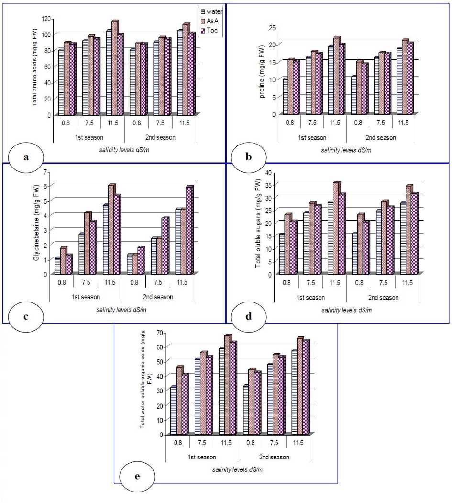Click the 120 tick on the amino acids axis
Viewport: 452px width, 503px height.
click(x=45, y=19)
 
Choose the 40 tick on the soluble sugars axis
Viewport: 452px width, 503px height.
click(x=268, y=172)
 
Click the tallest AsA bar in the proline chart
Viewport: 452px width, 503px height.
click(x=336, y=76)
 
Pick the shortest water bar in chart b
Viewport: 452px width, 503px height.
click(x=285, y=97)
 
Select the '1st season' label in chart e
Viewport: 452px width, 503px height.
click(x=201, y=457)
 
